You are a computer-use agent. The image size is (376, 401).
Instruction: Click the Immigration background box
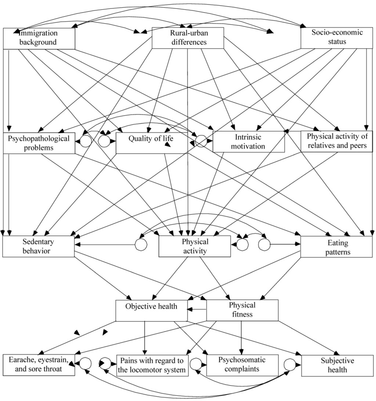tap(39, 38)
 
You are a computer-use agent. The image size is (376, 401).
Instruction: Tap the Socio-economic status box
tap(337, 37)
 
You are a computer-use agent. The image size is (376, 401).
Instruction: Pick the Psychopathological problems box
tap(39, 143)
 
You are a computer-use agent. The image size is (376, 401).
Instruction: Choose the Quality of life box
tap(151, 143)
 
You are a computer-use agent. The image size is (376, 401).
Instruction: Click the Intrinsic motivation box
tap(249, 142)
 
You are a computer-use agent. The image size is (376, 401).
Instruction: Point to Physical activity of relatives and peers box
tap(336, 141)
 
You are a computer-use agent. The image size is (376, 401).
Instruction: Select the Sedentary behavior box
tap(38, 246)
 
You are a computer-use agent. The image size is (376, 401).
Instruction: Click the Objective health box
tap(151, 310)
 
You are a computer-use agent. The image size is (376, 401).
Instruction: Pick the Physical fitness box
tap(242, 310)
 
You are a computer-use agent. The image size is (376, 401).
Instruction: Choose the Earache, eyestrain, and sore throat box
tap(39, 365)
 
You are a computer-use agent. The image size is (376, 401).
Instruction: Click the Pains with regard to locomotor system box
tap(152, 365)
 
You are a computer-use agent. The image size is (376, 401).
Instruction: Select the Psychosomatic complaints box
tap(241, 365)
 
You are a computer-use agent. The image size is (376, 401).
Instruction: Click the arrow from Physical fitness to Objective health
tap(197, 310)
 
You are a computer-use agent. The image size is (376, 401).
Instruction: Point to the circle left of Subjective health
tap(290, 365)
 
